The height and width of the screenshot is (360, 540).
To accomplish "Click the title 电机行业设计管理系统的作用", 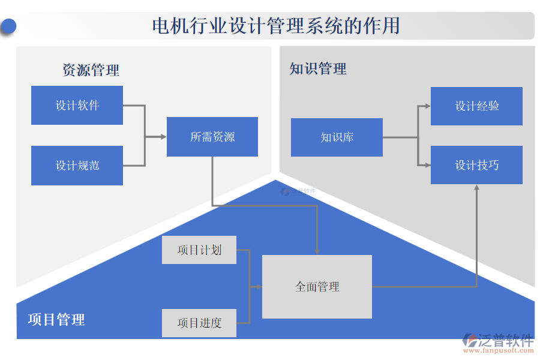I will click(275, 26).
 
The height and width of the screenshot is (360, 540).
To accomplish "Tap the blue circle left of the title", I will click(8, 26).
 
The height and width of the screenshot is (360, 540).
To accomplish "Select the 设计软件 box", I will click(77, 106).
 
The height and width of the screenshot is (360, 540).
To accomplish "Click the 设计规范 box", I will click(77, 166).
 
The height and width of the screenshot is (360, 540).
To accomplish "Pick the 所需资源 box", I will click(212, 137).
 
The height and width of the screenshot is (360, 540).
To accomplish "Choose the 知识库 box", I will click(337, 137).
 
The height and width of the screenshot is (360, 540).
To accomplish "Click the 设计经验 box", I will click(476, 106).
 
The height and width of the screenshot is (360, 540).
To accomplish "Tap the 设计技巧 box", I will click(476, 165).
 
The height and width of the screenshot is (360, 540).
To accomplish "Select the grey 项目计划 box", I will click(199, 250).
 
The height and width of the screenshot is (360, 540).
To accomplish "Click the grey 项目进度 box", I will click(199, 323).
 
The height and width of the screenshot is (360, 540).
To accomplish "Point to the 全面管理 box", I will click(317, 287).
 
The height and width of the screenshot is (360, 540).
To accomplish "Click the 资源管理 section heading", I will click(91, 70).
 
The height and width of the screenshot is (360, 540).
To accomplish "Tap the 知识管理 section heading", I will click(318, 69).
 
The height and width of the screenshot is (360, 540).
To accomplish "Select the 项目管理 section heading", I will click(56, 320).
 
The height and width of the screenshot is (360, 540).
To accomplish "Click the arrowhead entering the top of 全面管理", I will click(317, 251).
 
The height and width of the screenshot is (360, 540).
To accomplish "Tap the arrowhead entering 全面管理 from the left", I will click(259, 287).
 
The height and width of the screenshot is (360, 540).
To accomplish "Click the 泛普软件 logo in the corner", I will click(498, 342).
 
